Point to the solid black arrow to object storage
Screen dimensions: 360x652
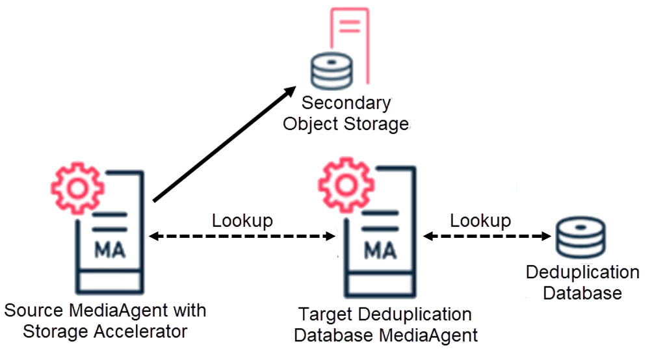pyautogui.click(x=221, y=146)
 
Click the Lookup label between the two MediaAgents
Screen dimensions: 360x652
pyautogui.click(x=242, y=221)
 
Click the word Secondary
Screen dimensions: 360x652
pyautogui.click(x=346, y=103)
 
